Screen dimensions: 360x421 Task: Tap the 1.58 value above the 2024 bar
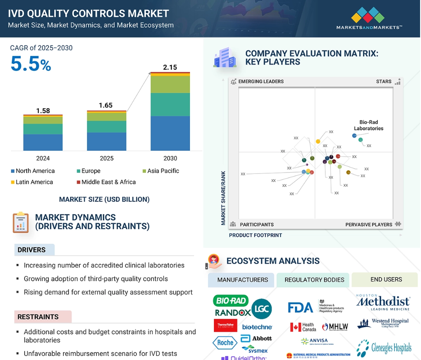43,111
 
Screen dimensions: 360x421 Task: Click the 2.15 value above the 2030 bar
170,68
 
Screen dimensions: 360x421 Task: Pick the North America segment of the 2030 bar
170,133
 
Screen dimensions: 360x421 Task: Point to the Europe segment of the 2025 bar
107,127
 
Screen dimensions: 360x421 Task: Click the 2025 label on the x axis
107,159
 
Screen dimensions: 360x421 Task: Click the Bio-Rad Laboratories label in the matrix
368,125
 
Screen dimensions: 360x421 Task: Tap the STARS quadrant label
384,82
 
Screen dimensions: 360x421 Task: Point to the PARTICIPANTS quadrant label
256,224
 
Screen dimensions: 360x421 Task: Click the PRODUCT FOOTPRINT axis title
255,235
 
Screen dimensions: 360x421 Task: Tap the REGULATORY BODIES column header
314,280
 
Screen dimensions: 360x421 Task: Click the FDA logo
300,307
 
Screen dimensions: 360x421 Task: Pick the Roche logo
224,342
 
